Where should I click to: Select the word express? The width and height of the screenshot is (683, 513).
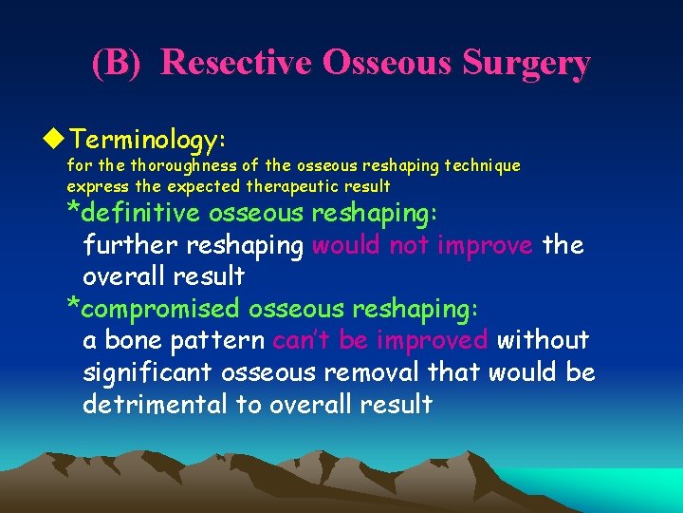tap(92, 185)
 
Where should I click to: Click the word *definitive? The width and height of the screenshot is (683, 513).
tap(134, 214)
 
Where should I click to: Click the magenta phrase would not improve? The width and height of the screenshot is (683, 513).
tap(423, 246)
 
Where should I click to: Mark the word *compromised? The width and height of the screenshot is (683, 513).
tap(154, 309)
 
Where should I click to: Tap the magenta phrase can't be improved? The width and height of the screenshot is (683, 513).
tap(380, 340)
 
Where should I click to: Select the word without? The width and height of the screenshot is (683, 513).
tap(543, 340)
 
